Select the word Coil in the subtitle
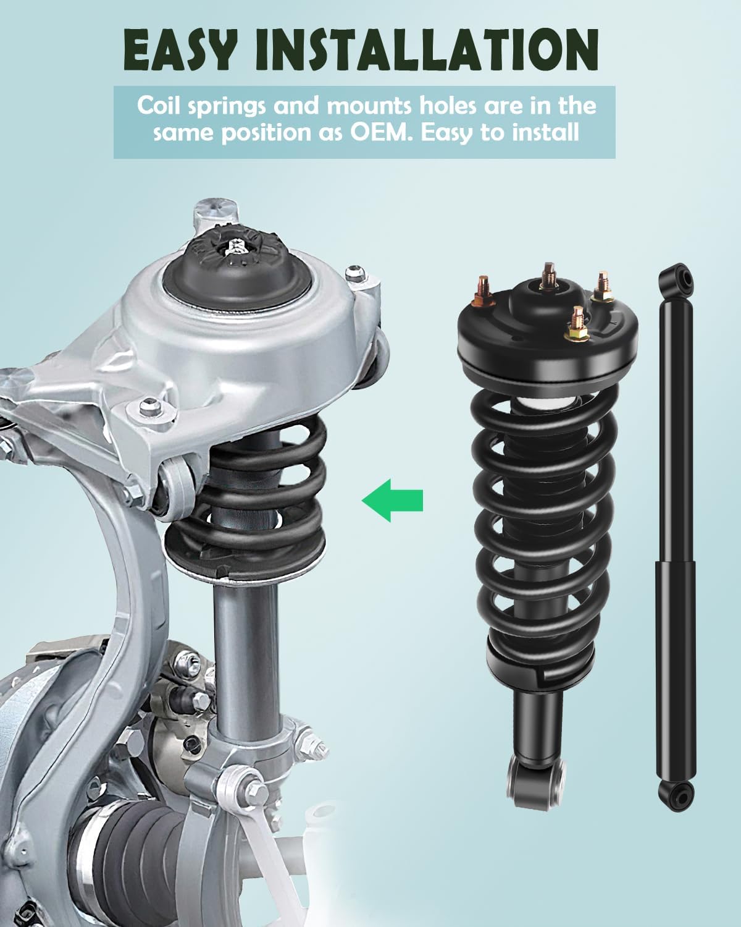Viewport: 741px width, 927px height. click(x=160, y=105)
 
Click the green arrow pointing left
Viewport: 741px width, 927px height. click(x=392, y=499)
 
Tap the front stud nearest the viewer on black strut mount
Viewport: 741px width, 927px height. click(x=577, y=321)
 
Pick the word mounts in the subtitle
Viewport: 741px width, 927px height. click(x=374, y=105)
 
